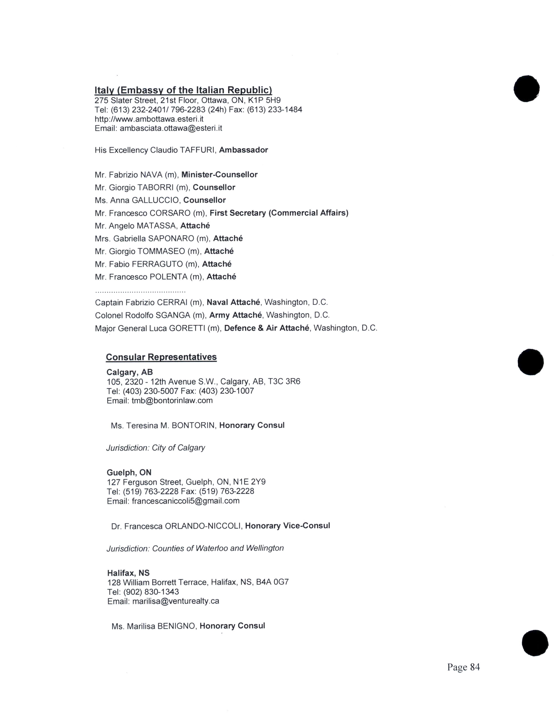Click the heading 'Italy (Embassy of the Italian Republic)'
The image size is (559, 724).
click(183, 90)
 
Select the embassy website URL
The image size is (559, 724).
click(149, 119)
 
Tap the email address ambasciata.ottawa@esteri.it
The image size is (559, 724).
click(171, 128)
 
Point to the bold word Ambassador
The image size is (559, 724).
click(243, 150)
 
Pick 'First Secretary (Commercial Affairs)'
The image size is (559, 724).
click(279, 213)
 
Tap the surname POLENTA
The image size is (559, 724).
click(169, 277)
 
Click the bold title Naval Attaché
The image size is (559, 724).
click(233, 302)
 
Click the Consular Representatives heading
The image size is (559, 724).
click(161, 357)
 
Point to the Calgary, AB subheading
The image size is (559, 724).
click(130, 372)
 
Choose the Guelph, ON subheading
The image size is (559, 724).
click(129, 472)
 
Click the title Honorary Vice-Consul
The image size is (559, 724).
click(287, 526)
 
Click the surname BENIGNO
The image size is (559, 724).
click(177, 626)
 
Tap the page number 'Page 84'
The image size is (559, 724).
click(463, 667)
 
